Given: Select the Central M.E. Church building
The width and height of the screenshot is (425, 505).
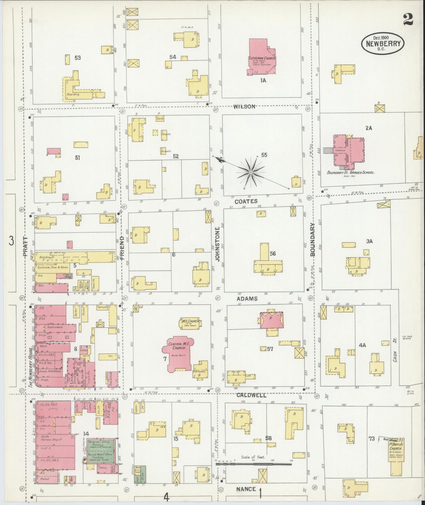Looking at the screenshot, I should coord(176,352).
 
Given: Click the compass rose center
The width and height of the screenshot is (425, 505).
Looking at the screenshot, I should coord(251,172).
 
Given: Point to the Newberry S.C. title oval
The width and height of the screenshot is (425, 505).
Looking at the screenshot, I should coord(383,44).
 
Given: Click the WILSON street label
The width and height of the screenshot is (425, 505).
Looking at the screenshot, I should coord(244,107).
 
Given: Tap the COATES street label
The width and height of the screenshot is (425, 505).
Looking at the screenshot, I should coord(246,201).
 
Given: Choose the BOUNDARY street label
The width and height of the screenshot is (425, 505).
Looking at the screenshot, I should coord(312,239).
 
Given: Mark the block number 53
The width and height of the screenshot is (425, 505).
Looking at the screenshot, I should coord(78,58).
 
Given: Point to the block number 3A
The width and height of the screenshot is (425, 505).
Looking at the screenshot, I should coord(369,241).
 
